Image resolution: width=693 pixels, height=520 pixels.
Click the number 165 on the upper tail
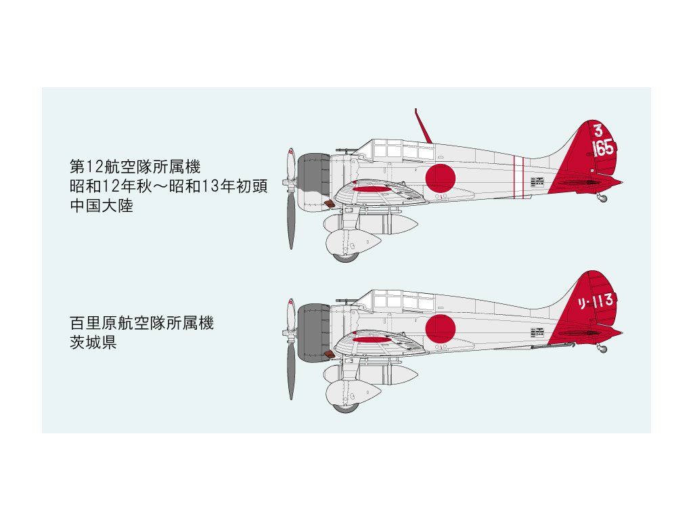[x=603, y=148]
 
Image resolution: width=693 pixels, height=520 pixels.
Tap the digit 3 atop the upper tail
[x=598, y=131]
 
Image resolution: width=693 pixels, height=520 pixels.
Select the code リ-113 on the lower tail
[x=596, y=301]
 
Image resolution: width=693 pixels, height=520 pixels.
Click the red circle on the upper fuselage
[x=440, y=178]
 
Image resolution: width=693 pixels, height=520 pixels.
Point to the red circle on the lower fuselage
[x=440, y=328]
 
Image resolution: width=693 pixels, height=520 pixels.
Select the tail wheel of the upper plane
[x=602, y=198]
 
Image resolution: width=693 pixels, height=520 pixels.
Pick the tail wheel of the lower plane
[x=602, y=349]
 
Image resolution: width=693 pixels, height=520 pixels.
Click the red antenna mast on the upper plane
[x=422, y=126]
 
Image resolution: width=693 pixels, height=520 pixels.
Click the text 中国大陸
[x=102, y=206]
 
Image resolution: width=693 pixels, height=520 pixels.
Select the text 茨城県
[x=93, y=343]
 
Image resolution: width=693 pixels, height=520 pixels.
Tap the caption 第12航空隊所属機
[x=135, y=166]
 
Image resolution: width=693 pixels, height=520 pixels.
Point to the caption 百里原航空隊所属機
[x=141, y=324]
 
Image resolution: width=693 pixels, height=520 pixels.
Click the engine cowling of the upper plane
[x=313, y=179]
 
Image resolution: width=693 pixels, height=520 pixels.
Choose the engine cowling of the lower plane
[x=313, y=330]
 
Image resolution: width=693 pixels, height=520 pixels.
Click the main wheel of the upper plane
[x=345, y=257]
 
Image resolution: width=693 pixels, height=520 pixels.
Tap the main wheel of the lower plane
[x=345, y=408]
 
